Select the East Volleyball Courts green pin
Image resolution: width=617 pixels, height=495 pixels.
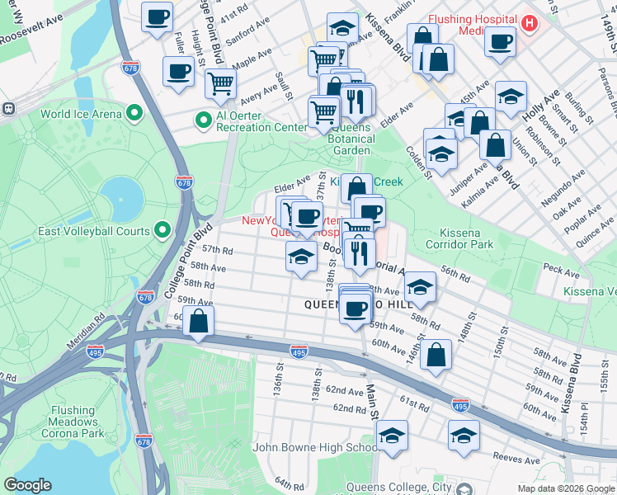162,232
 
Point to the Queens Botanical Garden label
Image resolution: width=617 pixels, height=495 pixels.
351,144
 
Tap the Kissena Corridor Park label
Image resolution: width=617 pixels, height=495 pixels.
459,238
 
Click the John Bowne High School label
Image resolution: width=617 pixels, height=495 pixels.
316,447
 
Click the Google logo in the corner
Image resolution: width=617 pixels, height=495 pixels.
28,485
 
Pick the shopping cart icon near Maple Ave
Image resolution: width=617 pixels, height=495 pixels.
220,82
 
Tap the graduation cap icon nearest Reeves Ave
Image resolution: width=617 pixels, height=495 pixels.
464,435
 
